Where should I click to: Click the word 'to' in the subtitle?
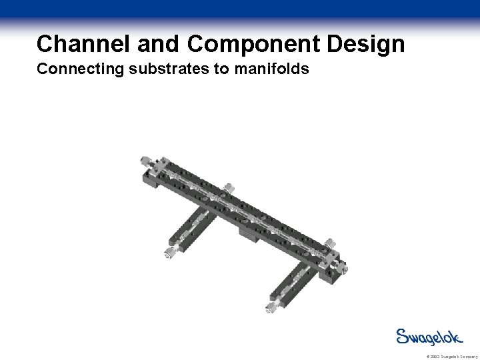click(221, 69)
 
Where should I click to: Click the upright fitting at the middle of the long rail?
click(229, 191)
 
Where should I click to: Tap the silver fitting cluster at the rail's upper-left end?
click(153, 165)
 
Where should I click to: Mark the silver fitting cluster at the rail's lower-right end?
click(337, 265)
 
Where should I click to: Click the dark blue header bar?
click(240, 8)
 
